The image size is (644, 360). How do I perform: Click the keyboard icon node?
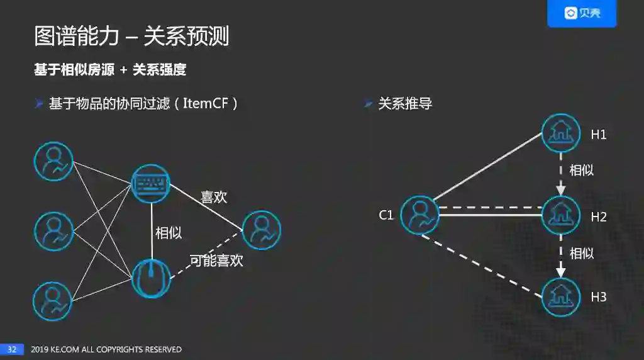coord(151,184)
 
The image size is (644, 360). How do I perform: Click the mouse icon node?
coord(151,278)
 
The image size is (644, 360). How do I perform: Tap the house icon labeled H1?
coord(560,133)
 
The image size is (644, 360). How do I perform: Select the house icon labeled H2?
coord(560,215)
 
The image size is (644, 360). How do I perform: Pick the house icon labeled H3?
coord(560,296)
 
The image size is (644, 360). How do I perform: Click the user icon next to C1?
coord(419,215)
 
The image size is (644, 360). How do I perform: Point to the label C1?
coord(386,215)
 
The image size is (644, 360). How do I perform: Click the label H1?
coord(598,135)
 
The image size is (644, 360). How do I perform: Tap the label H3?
coord(598,297)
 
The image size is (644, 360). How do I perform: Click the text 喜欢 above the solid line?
coord(214,197)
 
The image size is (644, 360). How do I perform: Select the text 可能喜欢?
coord(216,260)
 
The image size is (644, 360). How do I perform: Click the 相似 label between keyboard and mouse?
coord(169,233)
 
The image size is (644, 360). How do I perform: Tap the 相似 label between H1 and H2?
coord(581,170)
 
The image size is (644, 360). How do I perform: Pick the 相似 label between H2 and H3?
coord(581,253)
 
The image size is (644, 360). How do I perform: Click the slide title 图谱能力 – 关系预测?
coord(131,37)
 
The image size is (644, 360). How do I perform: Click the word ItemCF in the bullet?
coord(206,104)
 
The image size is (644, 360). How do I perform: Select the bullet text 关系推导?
coord(405,104)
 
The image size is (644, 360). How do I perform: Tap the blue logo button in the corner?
coord(582,13)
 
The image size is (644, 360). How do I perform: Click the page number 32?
coord(11,349)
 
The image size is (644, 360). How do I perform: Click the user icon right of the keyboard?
coord(261,230)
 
